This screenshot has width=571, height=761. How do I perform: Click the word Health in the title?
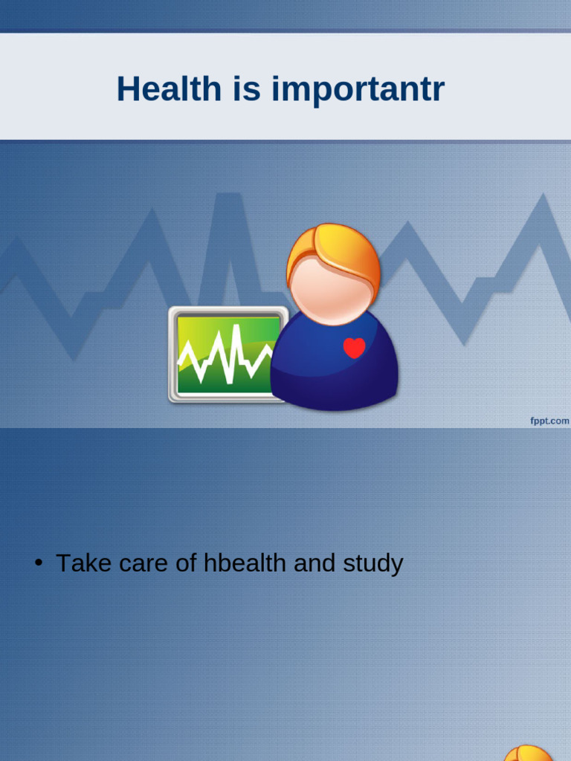[169, 89]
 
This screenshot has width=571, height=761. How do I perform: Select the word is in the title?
[245, 89]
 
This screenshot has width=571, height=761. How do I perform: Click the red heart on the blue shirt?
[355, 348]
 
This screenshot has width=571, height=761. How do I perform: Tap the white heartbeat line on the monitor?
[223, 353]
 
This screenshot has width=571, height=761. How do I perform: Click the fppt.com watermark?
[549, 421]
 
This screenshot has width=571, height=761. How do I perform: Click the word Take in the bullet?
[78, 563]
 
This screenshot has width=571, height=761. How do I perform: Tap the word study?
[372, 564]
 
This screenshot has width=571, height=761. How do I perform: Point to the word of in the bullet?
[186, 563]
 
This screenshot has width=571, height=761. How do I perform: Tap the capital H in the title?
[127, 89]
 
